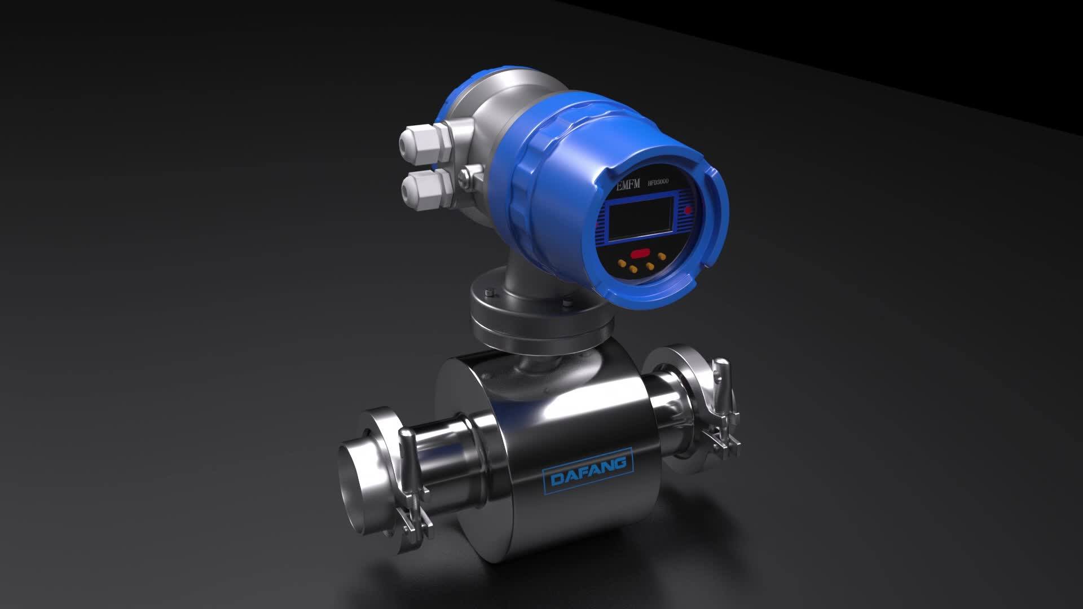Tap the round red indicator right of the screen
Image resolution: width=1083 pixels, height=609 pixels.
pyautogui.click(x=688, y=211)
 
